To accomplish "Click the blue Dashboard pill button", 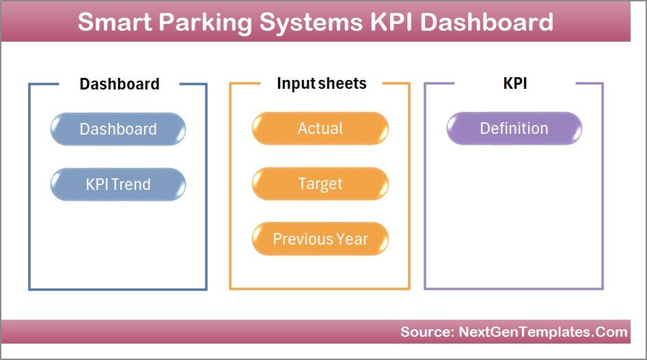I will coord(118,129).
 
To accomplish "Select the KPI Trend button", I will coord(118,184).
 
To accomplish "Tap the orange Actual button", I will coord(320,128).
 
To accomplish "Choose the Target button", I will coord(320,184).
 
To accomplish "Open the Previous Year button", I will coord(320,239).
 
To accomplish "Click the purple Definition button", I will coord(514,128).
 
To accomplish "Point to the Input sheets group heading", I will coord(321,83).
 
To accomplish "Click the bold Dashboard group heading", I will coord(120,84).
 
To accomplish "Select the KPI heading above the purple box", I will coord(514,83).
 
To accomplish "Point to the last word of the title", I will coord(487,23).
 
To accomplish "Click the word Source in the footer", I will coord(424,333).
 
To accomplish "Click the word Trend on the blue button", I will coord(133,184).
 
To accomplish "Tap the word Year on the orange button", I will coord(351,239).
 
